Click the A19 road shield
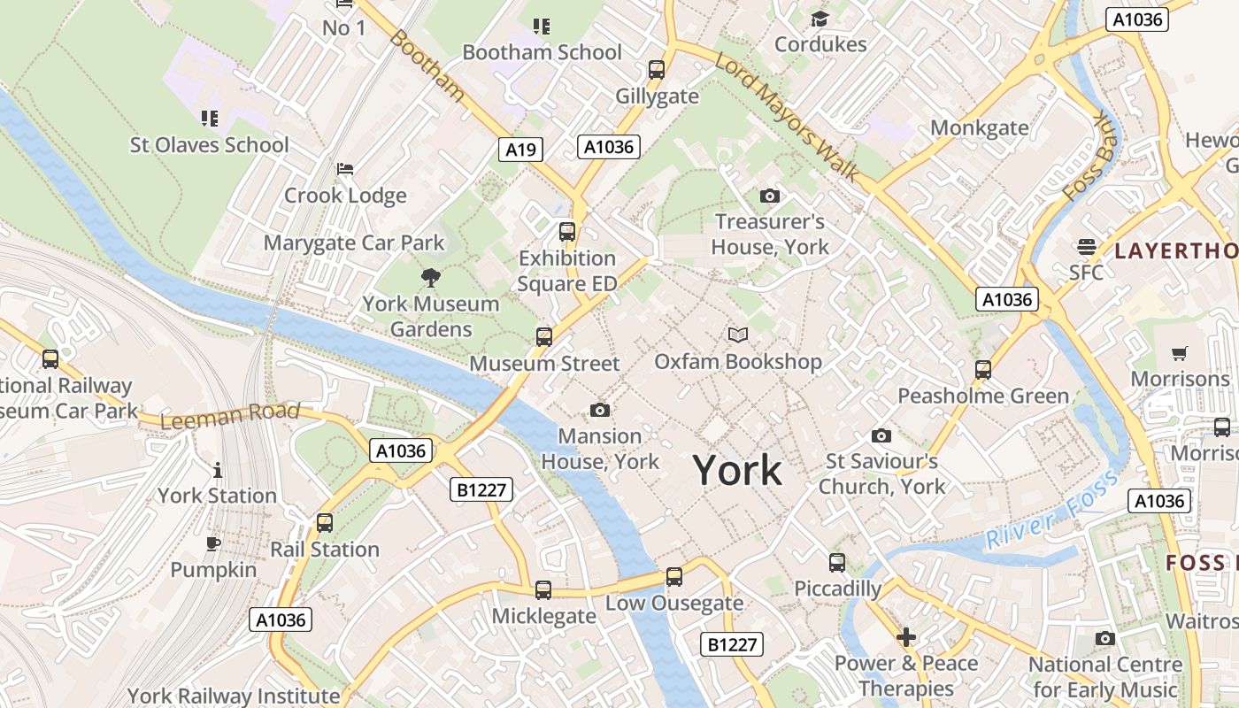(519, 150)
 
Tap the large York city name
(737, 469)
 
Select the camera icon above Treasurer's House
(770, 196)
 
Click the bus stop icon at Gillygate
(657, 69)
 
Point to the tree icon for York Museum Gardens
(431, 278)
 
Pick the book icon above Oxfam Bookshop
(737, 335)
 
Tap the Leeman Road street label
(231, 415)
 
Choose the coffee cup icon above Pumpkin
(213, 543)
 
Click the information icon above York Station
(218, 470)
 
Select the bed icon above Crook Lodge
(345, 169)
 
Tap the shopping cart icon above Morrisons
(1179, 354)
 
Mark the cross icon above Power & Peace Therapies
(905, 637)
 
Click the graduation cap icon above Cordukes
(820, 19)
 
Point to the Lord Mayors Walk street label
(786, 116)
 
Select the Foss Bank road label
(1091, 157)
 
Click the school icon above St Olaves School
(210, 118)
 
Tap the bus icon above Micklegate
(543, 590)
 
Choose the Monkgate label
(979, 127)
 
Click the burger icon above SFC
(1086, 246)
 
